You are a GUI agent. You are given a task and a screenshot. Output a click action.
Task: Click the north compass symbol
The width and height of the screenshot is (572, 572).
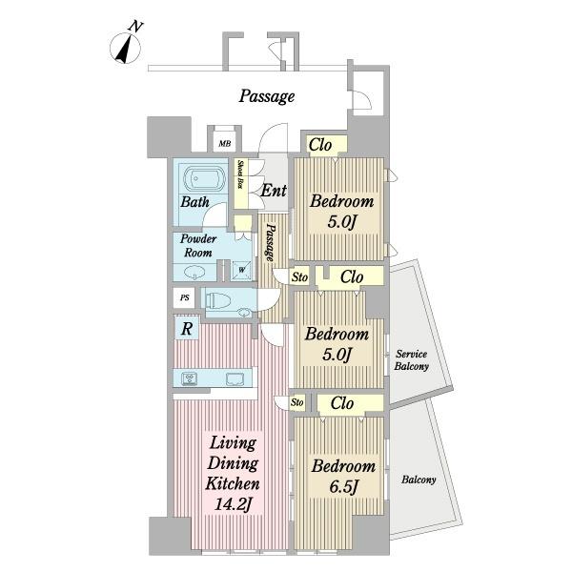126,46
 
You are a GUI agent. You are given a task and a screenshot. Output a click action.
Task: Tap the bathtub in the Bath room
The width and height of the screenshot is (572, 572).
204,180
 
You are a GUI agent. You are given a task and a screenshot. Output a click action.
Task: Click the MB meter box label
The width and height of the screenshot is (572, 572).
225,144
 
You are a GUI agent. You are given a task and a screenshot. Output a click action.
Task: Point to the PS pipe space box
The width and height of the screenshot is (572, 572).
185,298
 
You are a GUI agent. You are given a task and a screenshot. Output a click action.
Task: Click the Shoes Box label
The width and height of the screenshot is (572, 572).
240,174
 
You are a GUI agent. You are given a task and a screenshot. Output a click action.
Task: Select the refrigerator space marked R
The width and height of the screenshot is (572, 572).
187,329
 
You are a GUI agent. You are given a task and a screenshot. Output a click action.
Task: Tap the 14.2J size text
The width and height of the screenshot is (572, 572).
234,504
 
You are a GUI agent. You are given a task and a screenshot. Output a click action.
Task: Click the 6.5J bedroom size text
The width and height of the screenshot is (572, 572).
343,486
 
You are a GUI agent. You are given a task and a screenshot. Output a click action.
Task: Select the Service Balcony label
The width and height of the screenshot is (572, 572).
412,360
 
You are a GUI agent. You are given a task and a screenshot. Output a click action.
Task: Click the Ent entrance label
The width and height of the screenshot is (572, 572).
274,191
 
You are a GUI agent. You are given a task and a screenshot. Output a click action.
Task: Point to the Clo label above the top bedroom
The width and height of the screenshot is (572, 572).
320,145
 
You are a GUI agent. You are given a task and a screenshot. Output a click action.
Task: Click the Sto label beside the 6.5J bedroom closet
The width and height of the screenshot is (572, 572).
296,402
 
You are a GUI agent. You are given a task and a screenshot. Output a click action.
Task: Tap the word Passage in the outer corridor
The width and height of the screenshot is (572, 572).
267,96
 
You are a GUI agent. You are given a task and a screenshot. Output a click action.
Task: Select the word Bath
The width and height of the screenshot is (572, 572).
195,201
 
